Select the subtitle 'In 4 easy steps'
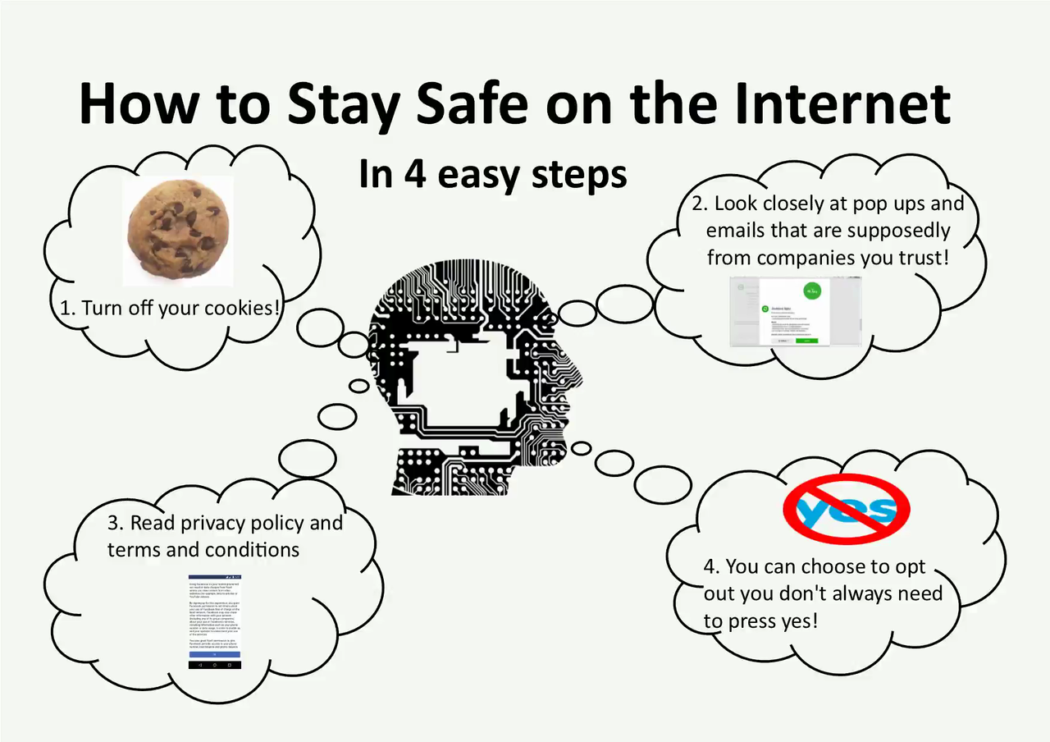(x=492, y=174)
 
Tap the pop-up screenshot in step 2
(x=795, y=310)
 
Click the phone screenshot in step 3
(x=215, y=621)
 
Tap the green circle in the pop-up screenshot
(x=811, y=290)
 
